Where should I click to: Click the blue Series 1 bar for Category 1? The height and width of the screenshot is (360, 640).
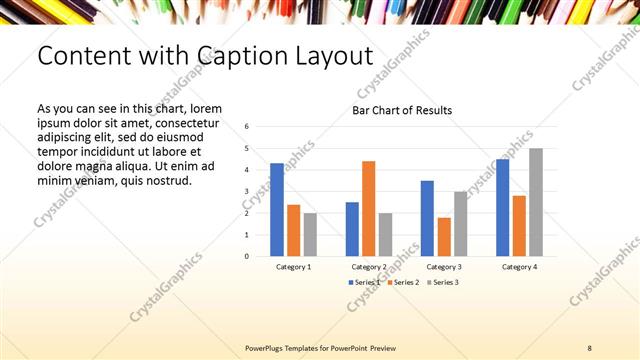(277, 210)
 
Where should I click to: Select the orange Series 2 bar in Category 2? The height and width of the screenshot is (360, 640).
(369, 208)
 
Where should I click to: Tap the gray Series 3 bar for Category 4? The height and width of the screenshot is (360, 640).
(536, 202)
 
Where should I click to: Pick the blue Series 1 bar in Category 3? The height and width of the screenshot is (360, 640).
(427, 218)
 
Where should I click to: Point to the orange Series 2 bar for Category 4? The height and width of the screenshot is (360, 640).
(519, 226)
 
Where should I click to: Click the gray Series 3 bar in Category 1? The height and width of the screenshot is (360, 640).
(310, 234)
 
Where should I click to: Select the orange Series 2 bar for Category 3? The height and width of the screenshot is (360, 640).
(444, 237)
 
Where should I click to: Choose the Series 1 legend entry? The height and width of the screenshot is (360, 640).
(364, 283)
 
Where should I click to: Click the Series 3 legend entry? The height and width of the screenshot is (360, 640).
(442, 283)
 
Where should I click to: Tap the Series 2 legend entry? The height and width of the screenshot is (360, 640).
(403, 283)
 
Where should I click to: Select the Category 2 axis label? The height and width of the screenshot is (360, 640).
(369, 267)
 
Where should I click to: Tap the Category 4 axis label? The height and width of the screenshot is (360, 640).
(518, 267)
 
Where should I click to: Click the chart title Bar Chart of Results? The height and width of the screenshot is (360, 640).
(402, 110)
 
